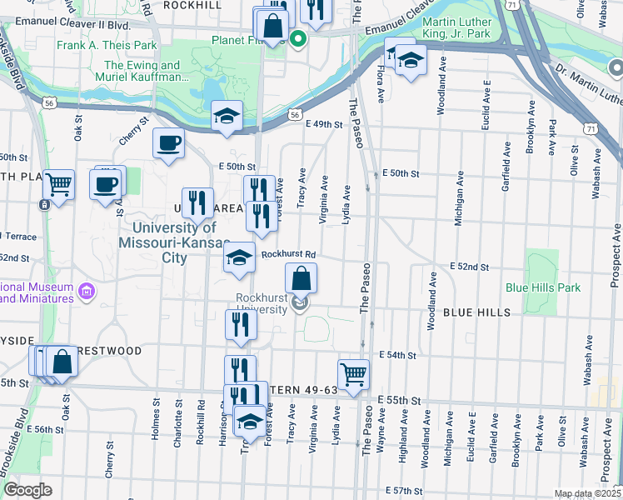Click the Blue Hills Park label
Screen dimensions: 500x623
tap(542, 287)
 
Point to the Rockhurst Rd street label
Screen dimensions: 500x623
tap(288, 255)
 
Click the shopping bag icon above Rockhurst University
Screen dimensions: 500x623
tap(302, 277)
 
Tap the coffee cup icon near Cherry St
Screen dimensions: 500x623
tap(168, 143)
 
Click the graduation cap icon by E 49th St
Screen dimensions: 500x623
tap(226, 117)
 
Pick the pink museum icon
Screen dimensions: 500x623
tap(85, 292)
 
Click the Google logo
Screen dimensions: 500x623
tap(27, 489)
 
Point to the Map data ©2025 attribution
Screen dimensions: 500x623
tap(587, 493)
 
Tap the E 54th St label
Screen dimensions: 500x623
tap(396, 355)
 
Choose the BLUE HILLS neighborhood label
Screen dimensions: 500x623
tap(476, 312)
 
